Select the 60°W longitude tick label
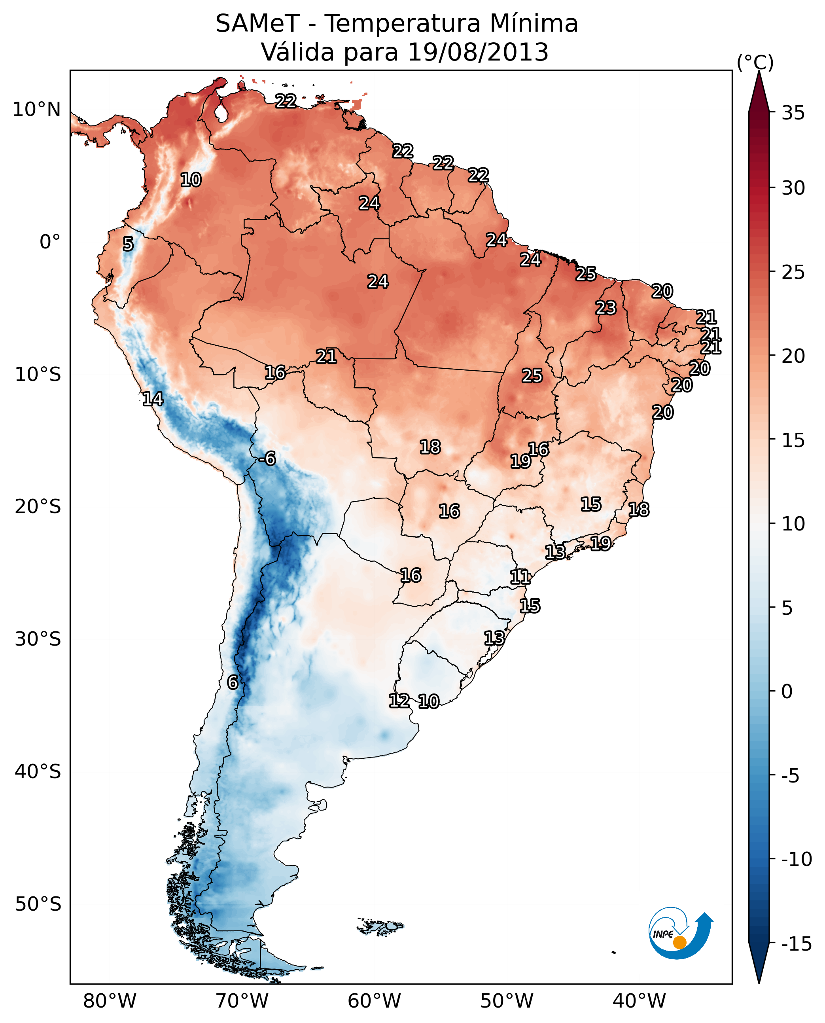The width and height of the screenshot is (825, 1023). (374, 1001)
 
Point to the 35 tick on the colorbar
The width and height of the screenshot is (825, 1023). (793, 113)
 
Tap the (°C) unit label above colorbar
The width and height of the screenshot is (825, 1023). (755, 62)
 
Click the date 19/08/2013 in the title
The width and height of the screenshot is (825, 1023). (478, 52)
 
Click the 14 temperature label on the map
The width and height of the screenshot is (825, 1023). (153, 399)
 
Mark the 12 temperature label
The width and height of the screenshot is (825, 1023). (399, 701)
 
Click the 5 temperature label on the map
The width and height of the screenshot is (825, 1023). (128, 244)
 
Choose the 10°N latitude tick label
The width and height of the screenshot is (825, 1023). (37, 110)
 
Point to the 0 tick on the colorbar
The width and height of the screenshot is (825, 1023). (787, 691)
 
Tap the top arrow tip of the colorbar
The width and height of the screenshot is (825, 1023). (759, 72)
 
